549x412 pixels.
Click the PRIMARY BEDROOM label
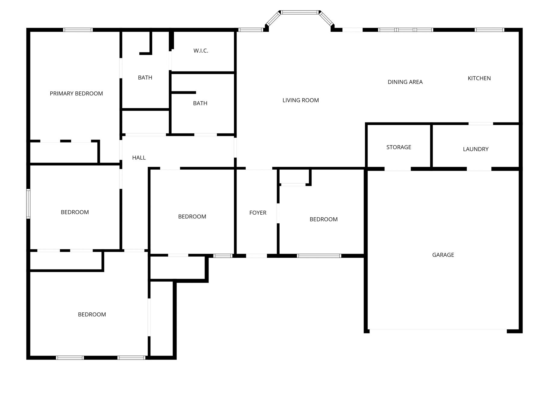pyautogui.click(x=76, y=94)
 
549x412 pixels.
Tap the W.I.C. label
pyautogui.click(x=201, y=51)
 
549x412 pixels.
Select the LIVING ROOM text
pyautogui.click(x=301, y=100)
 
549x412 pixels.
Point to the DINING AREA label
pyautogui.click(x=405, y=82)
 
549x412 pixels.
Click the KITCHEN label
pyautogui.click(x=479, y=78)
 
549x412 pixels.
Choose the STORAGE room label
pyautogui.click(x=399, y=147)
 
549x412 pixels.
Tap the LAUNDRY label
pyautogui.click(x=476, y=149)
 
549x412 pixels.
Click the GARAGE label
pyautogui.click(x=443, y=255)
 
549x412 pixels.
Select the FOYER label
pyautogui.click(x=258, y=213)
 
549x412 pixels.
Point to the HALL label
pyautogui.click(x=139, y=158)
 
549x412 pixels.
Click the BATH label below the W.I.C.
pyautogui.click(x=200, y=103)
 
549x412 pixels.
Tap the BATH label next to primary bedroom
pyautogui.click(x=145, y=78)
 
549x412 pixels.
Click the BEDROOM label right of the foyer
pyautogui.click(x=324, y=219)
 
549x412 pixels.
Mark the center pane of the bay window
pyautogui.click(x=300, y=12)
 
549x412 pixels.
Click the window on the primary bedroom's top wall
pyautogui.click(x=78, y=30)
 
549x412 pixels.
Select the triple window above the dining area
pyautogui.click(x=406, y=30)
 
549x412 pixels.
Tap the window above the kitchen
pyautogui.click(x=489, y=30)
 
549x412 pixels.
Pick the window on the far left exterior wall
pyautogui.click(x=28, y=204)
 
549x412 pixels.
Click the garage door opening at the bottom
pyautogui.click(x=438, y=330)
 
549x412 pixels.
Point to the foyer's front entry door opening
pyautogui.click(x=256, y=256)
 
